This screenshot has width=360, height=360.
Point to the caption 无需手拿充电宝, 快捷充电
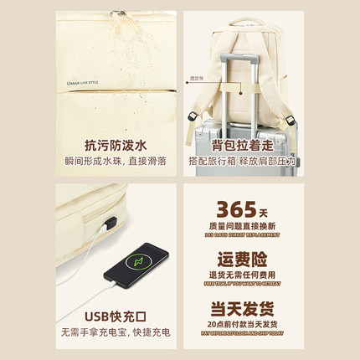pyautogui.click(x=116, y=333)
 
